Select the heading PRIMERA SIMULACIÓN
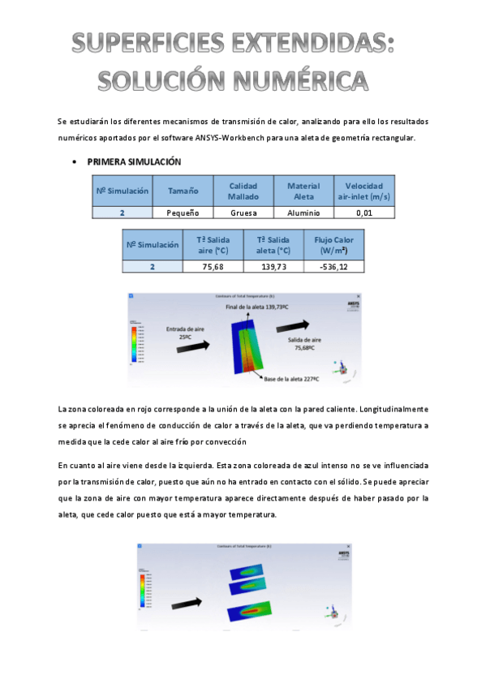[x=128, y=162]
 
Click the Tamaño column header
[x=183, y=191]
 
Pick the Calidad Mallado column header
[x=243, y=191]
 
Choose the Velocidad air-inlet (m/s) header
[x=363, y=191]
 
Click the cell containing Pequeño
[x=183, y=213]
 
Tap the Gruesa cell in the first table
[x=243, y=213]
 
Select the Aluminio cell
[x=303, y=213]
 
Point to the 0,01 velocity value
[x=363, y=213]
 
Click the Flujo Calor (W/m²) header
[x=333, y=245]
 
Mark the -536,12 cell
[x=333, y=266]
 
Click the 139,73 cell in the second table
[x=273, y=266]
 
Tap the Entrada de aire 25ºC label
[x=186, y=333]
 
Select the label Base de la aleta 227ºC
[x=291, y=378]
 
